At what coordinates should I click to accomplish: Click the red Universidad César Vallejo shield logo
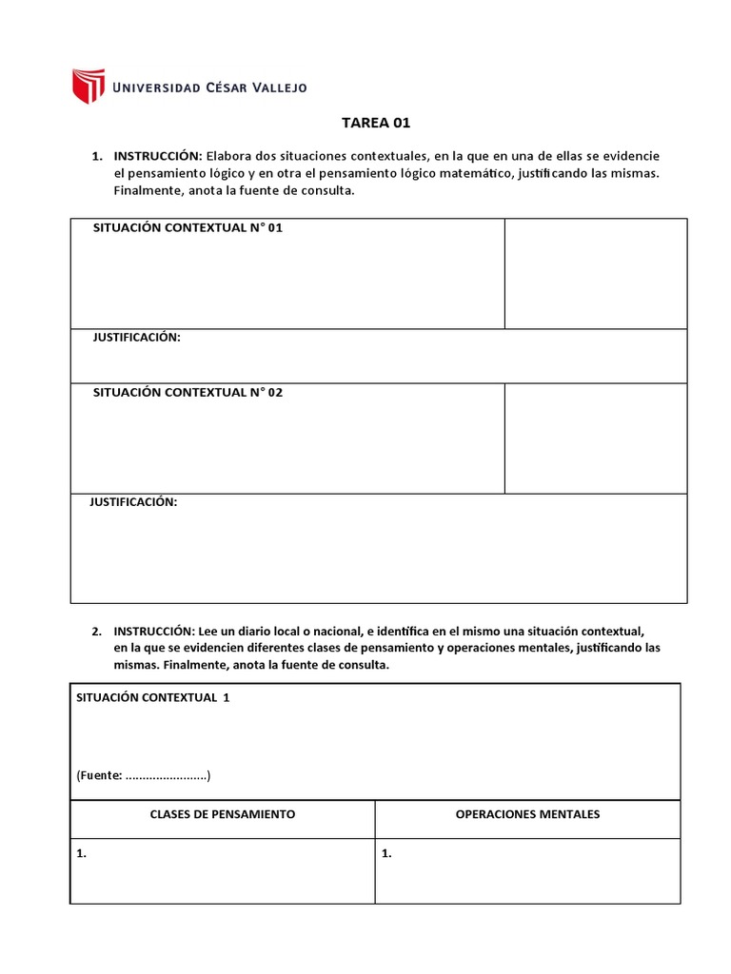pyautogui.click(x=88, y=86)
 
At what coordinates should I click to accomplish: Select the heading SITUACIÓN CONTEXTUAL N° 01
pyautogui.click(x=188, y=228)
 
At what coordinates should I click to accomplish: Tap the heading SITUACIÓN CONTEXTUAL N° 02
pyautogui.click(x=188, y=393)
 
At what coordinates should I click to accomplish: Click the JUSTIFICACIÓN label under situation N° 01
pyautogui.click(x=136, y=338)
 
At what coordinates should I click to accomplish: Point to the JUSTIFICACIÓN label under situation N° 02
pyautogui.click(x=133, y=502)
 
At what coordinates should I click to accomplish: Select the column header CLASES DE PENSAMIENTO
pyautogui.click(x=223, y=814)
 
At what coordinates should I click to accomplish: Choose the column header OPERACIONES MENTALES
pyautogui.click(x=527, y=814)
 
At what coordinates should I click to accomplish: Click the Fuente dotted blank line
pyautogui.click(x=167, y=776)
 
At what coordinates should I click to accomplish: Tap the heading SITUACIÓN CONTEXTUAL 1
pyautogui.click(x=152, y=697)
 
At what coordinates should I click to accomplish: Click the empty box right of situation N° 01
pyautogui.click(x=595, y=274)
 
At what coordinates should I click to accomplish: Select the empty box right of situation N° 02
pyautogui.click(x=595, y=438)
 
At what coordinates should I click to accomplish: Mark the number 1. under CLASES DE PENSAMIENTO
pyautogui.click(x=82, y=854)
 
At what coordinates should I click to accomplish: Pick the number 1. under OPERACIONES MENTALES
pyautogui.click(x=386, y=854)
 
